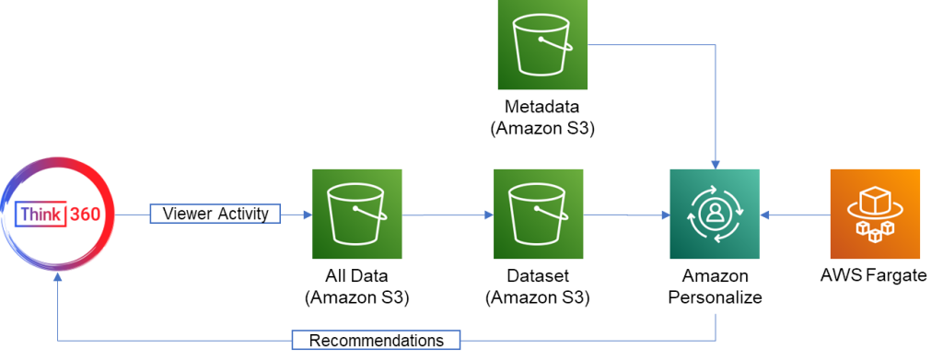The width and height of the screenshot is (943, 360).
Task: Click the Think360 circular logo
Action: coord(56,215)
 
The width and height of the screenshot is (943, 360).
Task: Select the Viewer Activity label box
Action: coord(215,215)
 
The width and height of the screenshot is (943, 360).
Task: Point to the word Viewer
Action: coord(187,215)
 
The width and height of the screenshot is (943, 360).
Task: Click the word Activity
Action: coord(242,215)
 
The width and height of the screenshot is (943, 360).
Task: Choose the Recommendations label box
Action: coord(376,341)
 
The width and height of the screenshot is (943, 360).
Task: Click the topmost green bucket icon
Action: coord(542,45)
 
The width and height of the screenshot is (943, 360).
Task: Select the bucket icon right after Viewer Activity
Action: coord(357,215)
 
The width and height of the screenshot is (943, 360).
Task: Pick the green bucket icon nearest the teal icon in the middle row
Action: coord(539,215)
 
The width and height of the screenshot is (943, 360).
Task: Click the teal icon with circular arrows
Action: coord(715,215)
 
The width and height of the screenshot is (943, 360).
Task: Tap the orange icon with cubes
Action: coord(875,215)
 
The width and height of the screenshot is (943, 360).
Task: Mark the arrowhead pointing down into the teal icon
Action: coord(715,162)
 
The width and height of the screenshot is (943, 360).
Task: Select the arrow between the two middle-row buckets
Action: coord(448,215)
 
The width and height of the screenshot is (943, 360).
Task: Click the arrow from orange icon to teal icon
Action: coord(795,215)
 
